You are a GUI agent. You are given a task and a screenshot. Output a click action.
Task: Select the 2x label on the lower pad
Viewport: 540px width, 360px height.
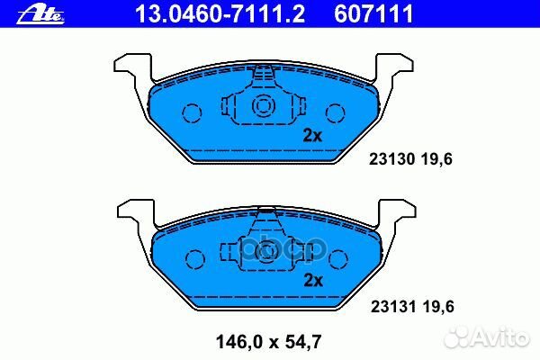click(x=312, y=279)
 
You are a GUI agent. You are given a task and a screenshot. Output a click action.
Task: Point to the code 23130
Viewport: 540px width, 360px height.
click(x=390, y=160)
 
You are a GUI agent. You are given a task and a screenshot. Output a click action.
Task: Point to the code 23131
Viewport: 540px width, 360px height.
click(x=390, y=306)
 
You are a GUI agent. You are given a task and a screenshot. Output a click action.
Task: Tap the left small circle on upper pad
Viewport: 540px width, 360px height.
click(x=192, y=112)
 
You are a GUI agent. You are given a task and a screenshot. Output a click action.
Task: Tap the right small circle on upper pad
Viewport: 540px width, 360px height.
click(x=335, y=112)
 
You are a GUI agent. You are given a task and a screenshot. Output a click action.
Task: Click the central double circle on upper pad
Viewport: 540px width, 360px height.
click(x=264, y=106)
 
